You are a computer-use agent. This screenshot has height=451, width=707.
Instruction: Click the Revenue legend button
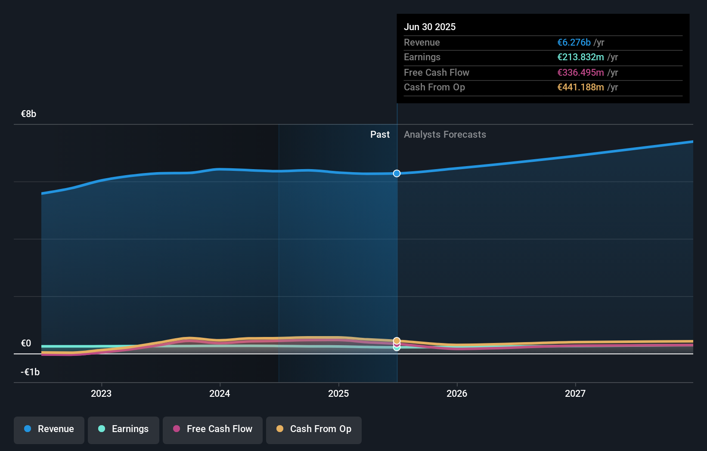(x=49, y=429)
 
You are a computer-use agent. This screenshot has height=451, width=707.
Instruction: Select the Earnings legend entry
(x=124, y=429)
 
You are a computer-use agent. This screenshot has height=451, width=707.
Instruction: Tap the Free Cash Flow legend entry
(x=213, y=429)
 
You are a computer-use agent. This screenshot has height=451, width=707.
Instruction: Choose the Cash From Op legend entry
(x=314, y=429)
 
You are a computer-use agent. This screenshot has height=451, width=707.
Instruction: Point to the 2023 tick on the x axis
(x=101, y=393)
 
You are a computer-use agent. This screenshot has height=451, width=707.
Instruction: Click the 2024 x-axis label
(x=220, y=393)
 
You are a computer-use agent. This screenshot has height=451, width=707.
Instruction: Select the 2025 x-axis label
(x=338, y=393)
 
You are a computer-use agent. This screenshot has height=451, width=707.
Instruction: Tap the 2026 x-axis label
(x=457, y=393)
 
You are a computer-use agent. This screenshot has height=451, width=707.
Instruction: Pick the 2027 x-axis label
(x=575, y=393)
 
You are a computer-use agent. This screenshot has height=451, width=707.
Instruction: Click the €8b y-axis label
(x=28, y=114)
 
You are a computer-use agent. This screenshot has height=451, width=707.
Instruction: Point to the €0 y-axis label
(x=26, y=343)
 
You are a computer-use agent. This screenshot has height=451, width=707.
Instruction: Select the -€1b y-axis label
(x=30, y=372)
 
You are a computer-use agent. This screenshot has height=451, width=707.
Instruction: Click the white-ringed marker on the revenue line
(x=397, y=173)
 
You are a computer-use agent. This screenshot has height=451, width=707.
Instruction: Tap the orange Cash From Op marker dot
(x=397, y=340)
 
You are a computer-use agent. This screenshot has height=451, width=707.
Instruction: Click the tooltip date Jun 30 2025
(x=430, y=27)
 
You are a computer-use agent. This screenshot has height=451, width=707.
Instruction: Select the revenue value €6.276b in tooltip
(x=574, y=42)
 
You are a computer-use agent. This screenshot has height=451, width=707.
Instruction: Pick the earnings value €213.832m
(x=580, y=57)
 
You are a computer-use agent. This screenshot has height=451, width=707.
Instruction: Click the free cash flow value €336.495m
(x=580, y=72)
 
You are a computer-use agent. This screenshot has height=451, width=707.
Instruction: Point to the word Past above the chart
(x=380, y=135)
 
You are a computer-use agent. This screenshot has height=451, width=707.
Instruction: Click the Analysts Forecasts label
(x=445, y=135)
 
